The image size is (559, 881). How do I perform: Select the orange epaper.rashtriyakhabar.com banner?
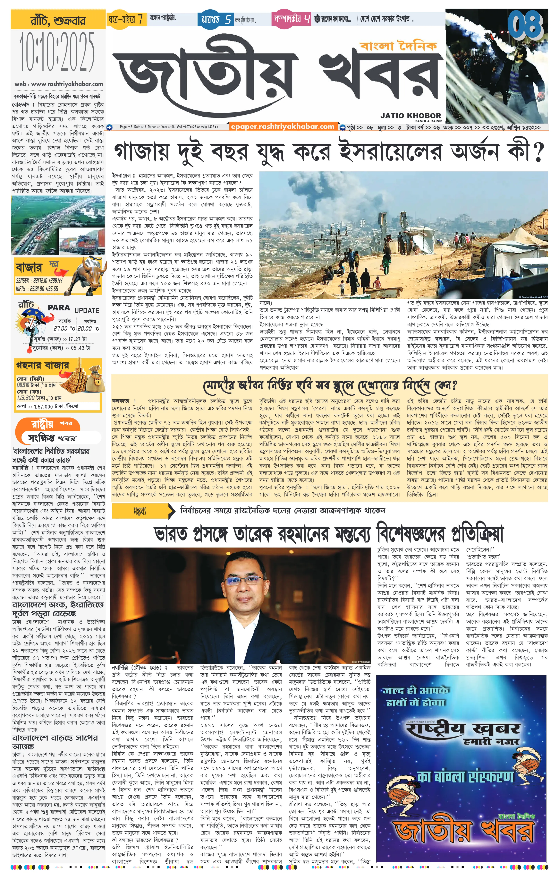[x=283, y=127]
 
